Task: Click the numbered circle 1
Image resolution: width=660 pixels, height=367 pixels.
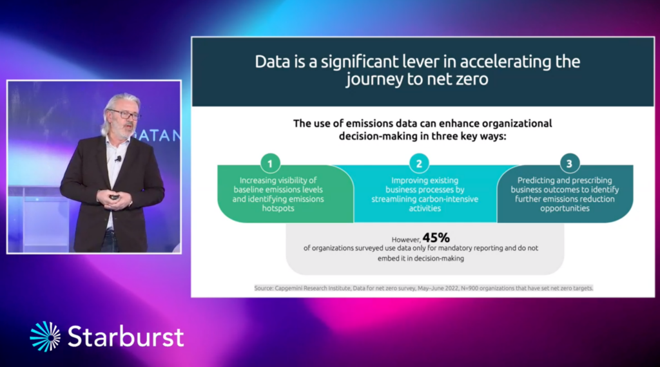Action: [270, 164]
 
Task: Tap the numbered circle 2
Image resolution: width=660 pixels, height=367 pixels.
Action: [419, 164]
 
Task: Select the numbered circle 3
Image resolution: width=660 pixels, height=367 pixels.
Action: [570, 163]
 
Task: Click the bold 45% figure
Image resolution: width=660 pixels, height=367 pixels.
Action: [436, 238]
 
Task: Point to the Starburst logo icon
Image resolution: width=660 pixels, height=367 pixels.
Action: [46, 336]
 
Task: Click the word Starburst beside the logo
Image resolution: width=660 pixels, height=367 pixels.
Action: [126, 336]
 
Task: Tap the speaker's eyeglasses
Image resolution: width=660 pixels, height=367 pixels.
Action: [125, 114]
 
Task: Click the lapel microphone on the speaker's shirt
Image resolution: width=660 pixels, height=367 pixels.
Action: [119, 159]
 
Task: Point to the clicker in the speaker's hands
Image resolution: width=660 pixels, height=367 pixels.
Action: [114, 197]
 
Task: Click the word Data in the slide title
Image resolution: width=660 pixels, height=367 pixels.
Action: [273, 62]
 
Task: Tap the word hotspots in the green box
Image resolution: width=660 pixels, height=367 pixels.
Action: [278, 208]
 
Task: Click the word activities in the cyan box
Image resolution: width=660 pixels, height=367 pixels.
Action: [425, 208]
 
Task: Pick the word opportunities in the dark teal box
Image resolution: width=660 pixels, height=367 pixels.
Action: [565, 209]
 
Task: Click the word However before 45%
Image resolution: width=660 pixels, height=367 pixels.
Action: [406, 240]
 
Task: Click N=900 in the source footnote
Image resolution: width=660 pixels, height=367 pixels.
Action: [469, 288]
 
